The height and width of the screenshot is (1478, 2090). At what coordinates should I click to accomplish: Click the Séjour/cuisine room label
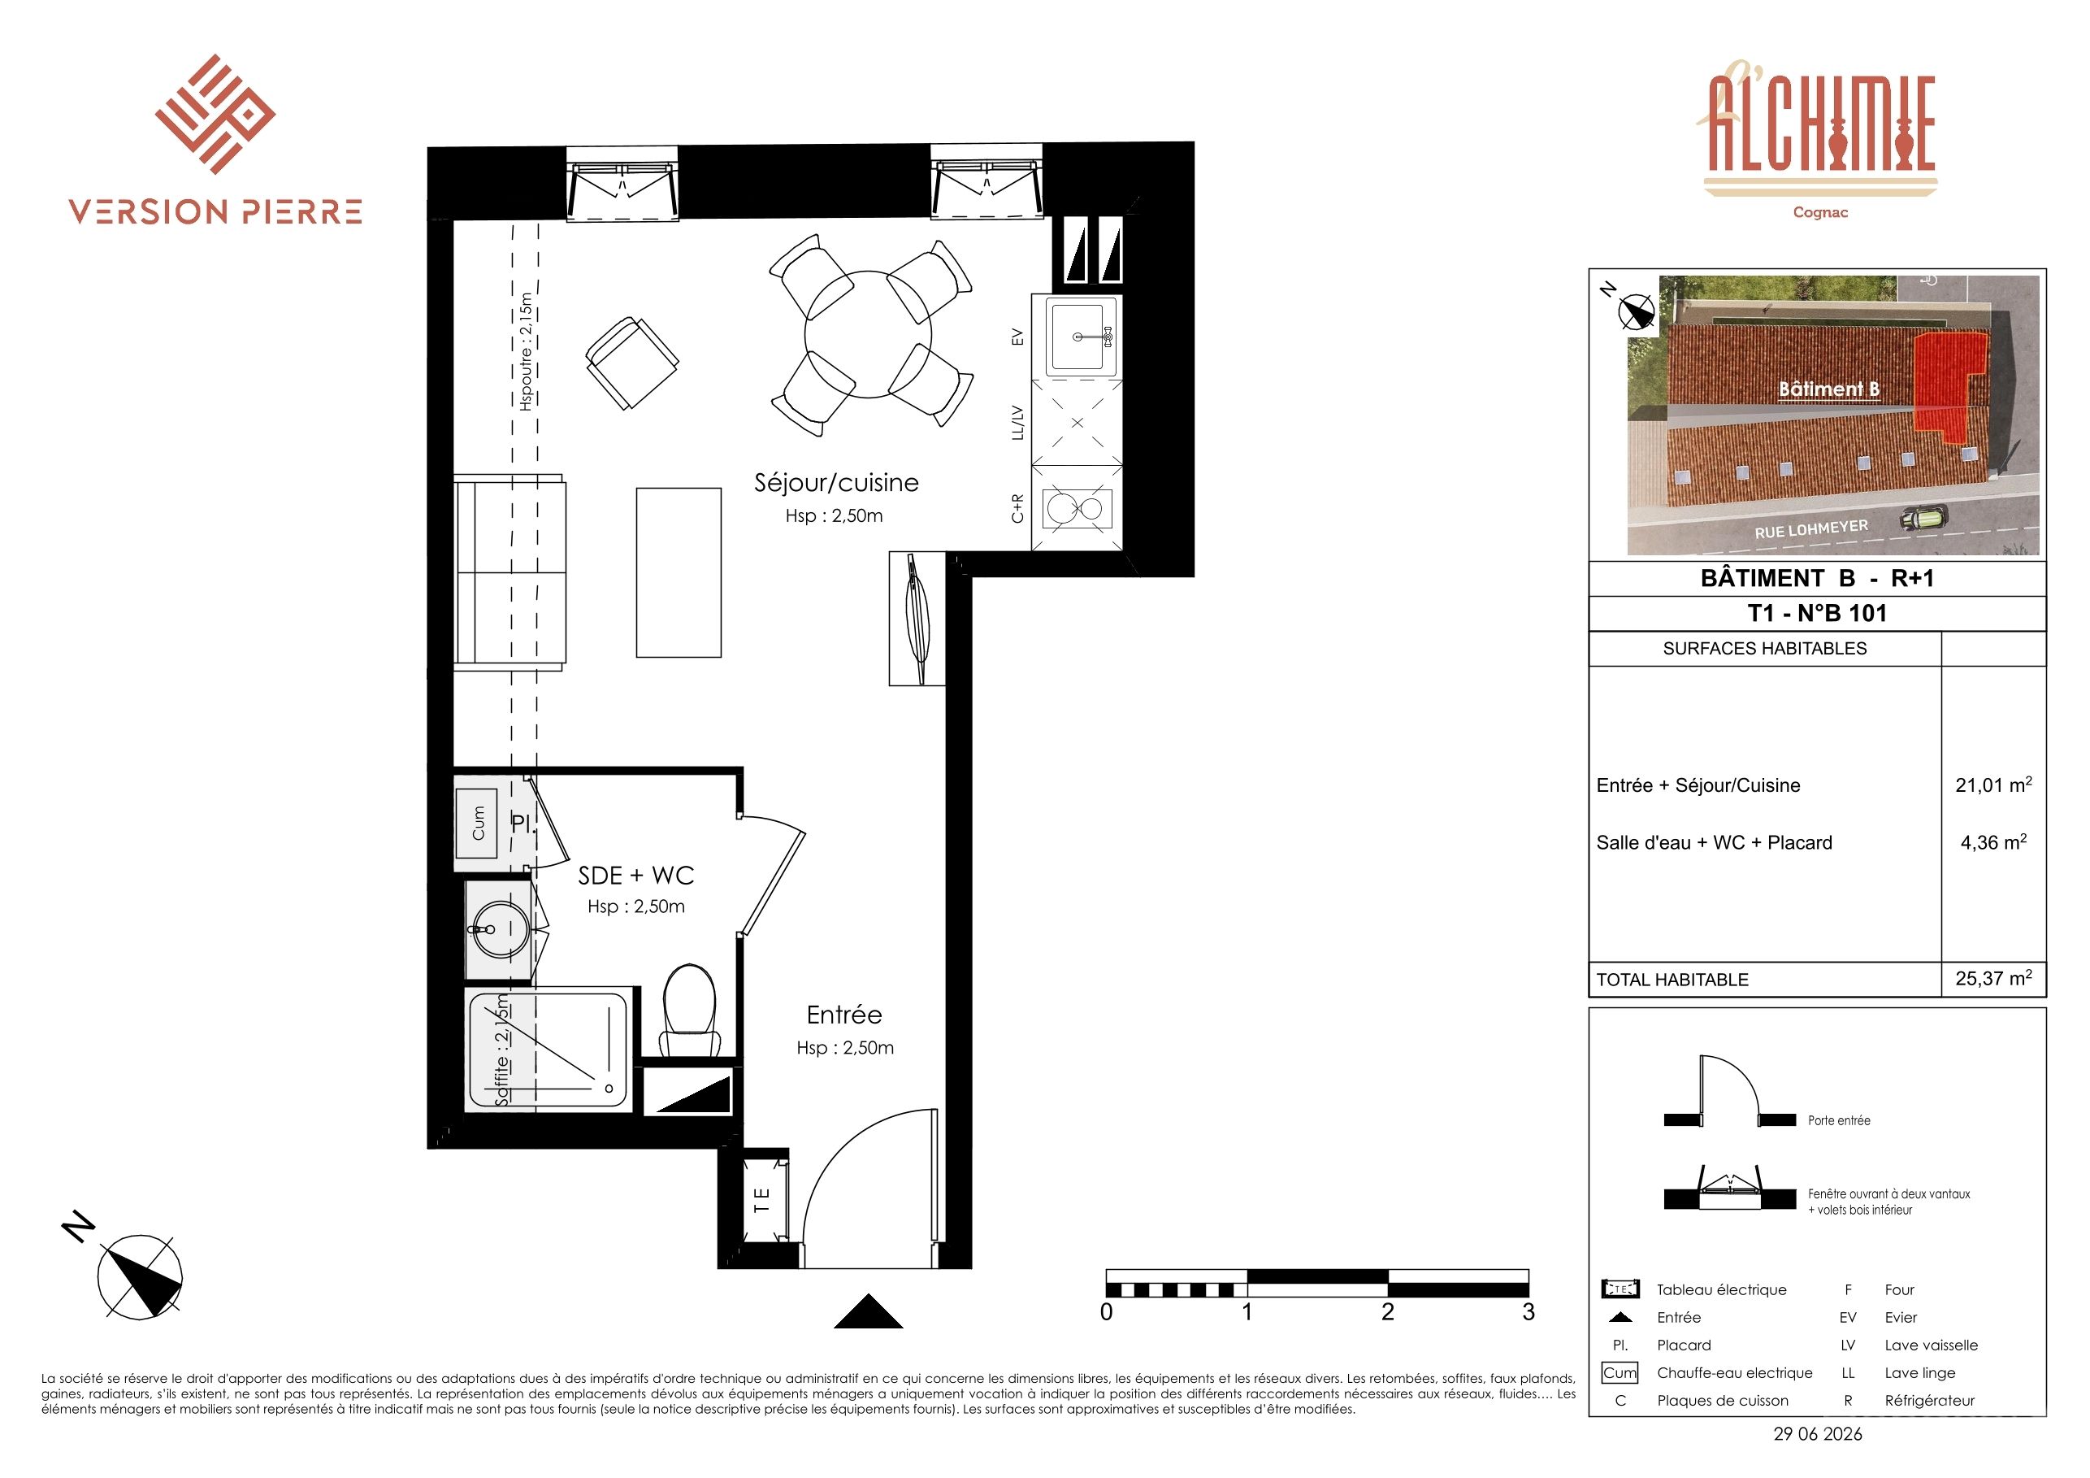click(835, 483)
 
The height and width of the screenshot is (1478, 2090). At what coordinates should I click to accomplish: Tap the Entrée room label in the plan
click(843, 1015)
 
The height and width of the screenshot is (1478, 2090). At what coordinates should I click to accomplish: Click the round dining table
click(869, 335)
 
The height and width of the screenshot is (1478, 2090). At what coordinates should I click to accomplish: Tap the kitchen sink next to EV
click(1082, 336)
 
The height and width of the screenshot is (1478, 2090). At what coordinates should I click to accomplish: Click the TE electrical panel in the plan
click(762, 1198)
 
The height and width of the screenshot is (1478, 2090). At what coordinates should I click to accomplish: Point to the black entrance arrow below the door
click(869, 1312)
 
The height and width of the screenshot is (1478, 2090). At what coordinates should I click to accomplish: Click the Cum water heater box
click(477, 824)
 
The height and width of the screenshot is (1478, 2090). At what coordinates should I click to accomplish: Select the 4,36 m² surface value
click(1992, 841)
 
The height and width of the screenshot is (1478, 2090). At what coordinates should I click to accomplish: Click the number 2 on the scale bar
click(1387, 1312)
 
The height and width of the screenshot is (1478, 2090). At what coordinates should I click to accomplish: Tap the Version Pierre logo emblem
click(215, 114)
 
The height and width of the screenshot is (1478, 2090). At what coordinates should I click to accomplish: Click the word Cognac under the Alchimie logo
click(1819, 212)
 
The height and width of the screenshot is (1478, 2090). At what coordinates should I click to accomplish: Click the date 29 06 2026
click(1818, 1433)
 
